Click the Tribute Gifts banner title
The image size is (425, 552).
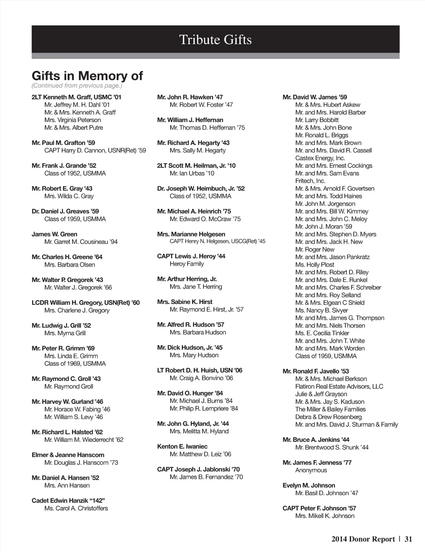point(215,40)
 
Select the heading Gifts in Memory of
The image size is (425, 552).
point(87,76)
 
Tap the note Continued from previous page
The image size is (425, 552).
point(77,86)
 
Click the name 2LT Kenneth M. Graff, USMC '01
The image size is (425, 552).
point(76,97)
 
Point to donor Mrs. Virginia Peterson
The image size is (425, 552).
point(73,120)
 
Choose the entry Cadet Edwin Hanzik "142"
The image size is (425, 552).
point(68,500)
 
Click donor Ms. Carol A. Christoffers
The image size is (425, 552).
point(76,508)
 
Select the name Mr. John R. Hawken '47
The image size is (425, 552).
point(190,97)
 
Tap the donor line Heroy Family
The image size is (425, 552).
point(187,264)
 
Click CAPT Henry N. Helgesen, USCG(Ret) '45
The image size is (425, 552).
point(217,241)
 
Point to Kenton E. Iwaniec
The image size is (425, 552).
point(182,447)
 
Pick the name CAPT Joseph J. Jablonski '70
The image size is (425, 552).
point(198,469)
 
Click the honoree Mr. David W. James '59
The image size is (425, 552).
point(315,97)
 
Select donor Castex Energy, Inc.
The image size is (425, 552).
point(320,158)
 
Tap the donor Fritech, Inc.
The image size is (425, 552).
point(310,181)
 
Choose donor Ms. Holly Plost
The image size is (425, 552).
point(315,265)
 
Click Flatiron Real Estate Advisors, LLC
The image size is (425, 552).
point(339,386)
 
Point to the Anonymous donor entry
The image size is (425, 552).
point(311,470)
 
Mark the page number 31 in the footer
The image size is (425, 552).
point(408,539)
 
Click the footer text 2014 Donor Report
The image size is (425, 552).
point(363,539)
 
